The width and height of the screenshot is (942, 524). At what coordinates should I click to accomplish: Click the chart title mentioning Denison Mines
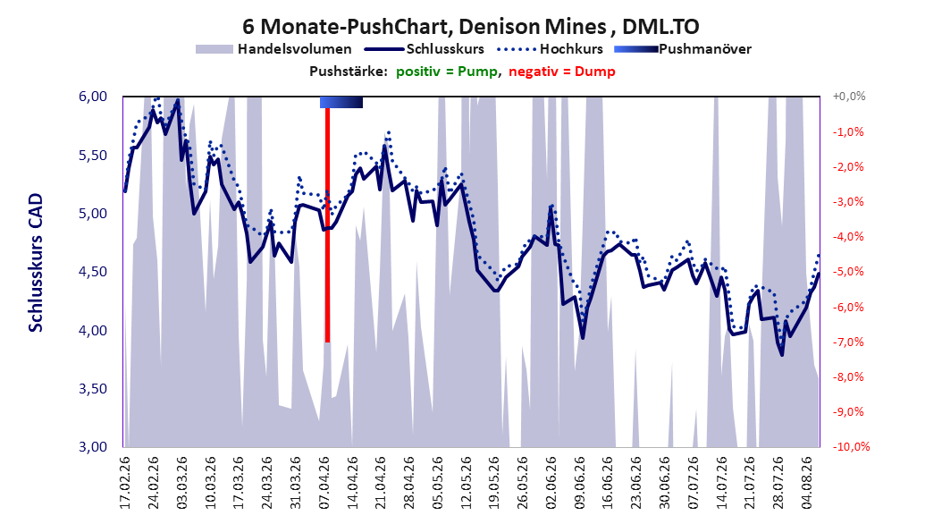(471, 27)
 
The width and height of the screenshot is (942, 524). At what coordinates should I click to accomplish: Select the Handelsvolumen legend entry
(274, 49)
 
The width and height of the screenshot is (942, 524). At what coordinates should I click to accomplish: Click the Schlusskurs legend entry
(425, 49)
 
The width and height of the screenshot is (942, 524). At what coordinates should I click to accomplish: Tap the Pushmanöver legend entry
(683, 49)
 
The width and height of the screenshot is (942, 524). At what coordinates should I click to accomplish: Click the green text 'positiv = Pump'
(446, 72)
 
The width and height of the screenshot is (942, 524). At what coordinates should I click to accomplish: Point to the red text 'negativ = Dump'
(562, 72)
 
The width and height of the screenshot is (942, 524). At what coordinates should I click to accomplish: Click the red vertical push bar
(327, 225)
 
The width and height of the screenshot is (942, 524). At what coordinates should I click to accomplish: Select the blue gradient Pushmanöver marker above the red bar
(341, 102)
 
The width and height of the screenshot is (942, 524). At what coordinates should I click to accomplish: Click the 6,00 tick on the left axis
(93, 97)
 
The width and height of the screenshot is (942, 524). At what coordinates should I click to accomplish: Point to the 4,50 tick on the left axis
(93, 272)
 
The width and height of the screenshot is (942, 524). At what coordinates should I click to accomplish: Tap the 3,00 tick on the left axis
(93, 447)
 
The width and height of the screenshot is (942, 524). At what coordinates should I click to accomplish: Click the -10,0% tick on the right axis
(851, 446)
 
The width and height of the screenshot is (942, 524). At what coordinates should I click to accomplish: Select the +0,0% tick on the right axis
(849, 97)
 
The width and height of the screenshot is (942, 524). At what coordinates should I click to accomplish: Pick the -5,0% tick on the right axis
(848, 272)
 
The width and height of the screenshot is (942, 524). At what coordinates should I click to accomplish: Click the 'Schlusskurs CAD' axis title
(36, 263)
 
